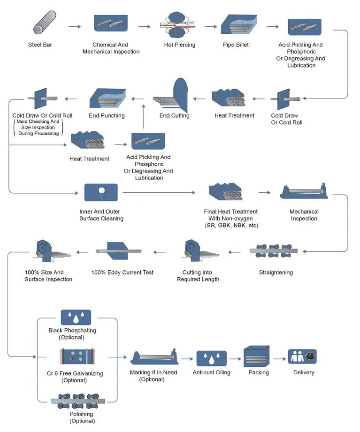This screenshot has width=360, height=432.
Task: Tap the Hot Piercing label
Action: tap(179, 45)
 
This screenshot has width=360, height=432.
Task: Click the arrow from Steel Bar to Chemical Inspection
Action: tap(74, 27)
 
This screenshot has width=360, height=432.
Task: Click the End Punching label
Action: tap(107, 115)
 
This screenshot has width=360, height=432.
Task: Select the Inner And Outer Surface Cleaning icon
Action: tap(101, 192)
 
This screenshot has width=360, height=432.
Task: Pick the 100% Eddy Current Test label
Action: tap(122, 273)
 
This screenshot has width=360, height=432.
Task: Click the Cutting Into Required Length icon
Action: tap(198, 251)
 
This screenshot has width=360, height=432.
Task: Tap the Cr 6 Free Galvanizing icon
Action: tap(72, 357)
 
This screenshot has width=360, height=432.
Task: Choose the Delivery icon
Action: tap(302, 357)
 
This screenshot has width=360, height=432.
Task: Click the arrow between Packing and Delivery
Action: tap(280, 359)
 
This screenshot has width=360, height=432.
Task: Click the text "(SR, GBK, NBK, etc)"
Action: tap(230, 226)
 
